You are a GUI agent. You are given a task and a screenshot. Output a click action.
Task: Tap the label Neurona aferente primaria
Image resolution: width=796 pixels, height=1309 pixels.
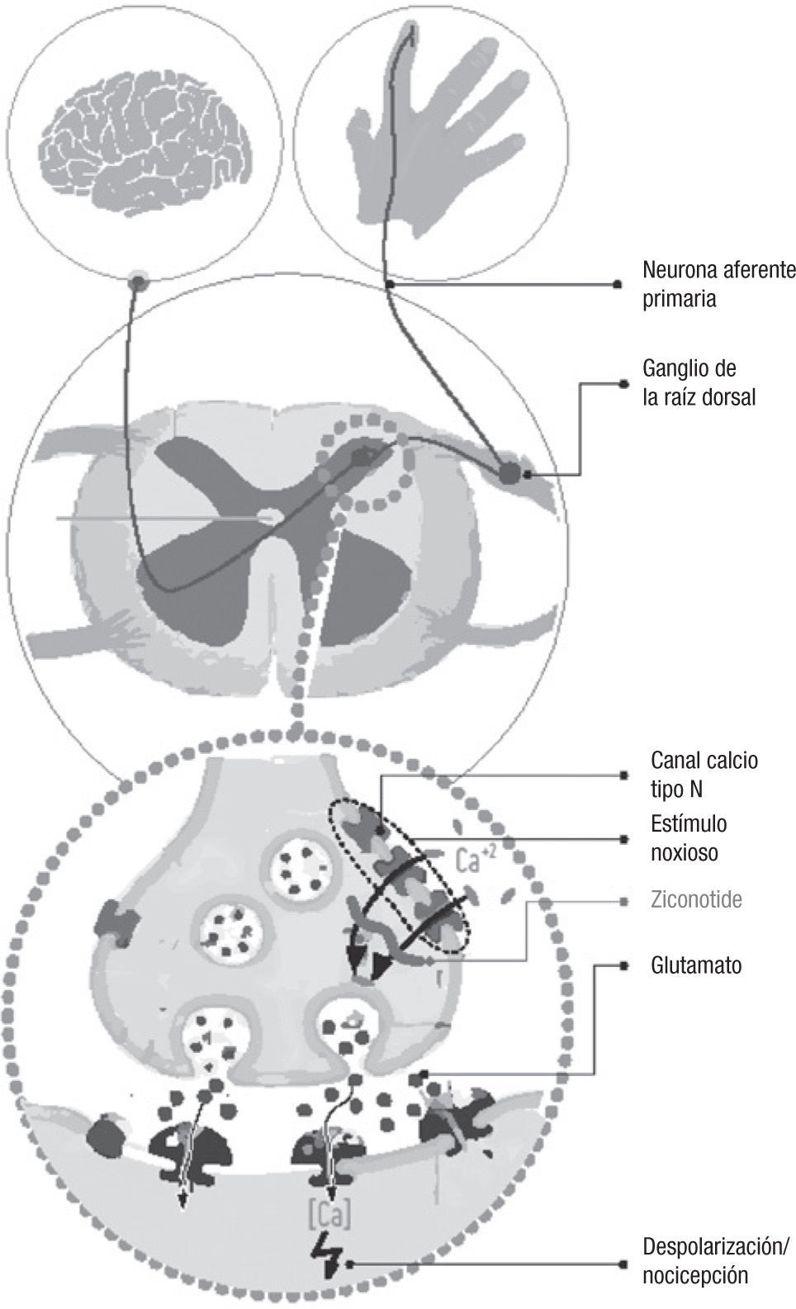(x=718, y=283)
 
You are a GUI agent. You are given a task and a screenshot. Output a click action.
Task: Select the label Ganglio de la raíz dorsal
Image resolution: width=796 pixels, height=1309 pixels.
(x=699, y=382)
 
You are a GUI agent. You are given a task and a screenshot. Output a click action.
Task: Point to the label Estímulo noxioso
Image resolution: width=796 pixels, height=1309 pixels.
(x=689, y=837)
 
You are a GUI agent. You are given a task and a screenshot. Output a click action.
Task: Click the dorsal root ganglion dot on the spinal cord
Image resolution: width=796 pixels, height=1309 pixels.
(x=509, y=472)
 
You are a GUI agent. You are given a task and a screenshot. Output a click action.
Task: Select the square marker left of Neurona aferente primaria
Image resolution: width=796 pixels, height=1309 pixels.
(x=618, y=284)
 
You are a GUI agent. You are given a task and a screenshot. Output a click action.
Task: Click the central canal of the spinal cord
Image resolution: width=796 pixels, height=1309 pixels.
(x=266, y=517)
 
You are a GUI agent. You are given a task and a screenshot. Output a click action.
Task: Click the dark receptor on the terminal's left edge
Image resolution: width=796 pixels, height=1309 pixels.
(x=112, y=922)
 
